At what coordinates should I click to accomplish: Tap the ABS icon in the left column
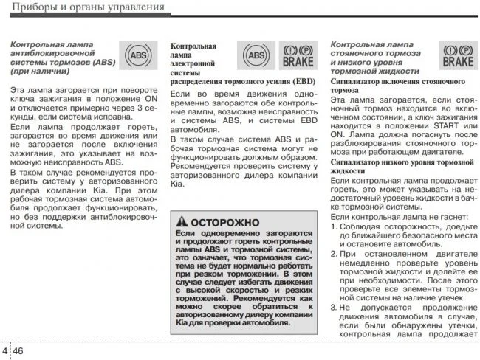(137, 55)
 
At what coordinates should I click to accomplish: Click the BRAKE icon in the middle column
(298, 55)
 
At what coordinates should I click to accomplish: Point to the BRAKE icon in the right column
(457, 55)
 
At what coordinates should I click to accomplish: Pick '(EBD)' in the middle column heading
(301, 80)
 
